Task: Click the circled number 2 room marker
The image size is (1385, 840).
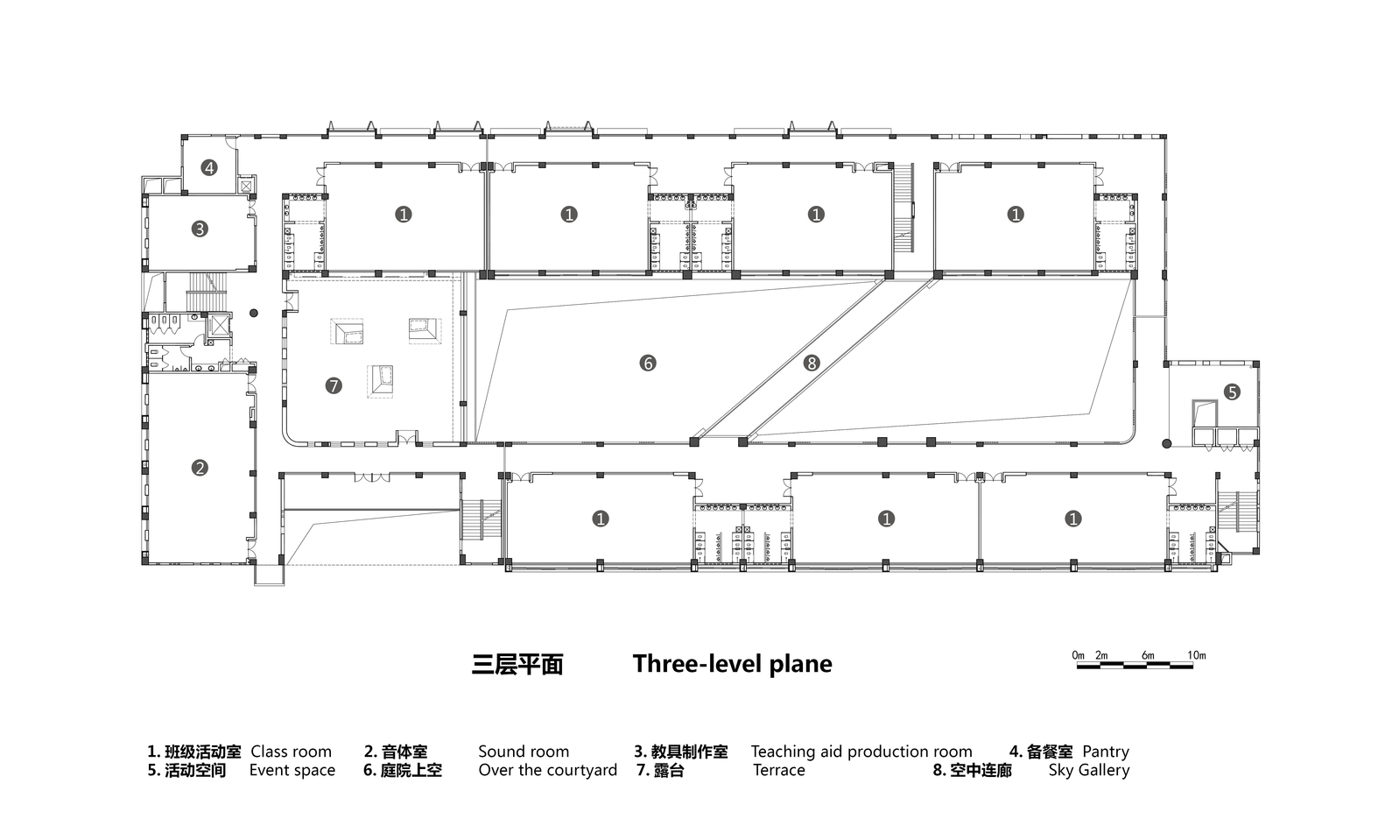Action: click(x=200, y=468)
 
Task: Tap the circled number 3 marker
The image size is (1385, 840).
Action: click(x=200, y=229)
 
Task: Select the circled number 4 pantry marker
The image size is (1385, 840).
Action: click(x=208, y=166)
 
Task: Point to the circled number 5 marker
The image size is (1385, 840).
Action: click(x=1232, y=392)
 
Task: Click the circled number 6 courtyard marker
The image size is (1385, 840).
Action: click(x=648, y=363)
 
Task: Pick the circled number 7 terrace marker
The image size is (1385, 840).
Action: click(x=334, y=385)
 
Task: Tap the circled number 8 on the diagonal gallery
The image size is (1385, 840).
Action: click(x=812, y=363)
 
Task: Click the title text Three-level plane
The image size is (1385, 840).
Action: click(x=732, y=664)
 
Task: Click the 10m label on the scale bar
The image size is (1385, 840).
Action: click(x=1196, y=655)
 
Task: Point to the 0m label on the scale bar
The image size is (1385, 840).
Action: click(x=1078, y=655)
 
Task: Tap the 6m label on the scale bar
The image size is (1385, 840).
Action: click(x=1148, y=655)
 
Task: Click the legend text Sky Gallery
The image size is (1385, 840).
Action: click(x=1088, y=771)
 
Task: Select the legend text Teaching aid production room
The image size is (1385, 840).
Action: click(x=861, y=752)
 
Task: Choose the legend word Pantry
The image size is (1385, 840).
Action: click(x=1105, y=752)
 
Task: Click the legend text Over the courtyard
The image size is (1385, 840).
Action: click(x=547, y=771)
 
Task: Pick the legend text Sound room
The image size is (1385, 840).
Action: click(x=523, y=752)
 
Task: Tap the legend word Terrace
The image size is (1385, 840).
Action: click(x=778, y=771)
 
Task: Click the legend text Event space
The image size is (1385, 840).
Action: click(x=292, y=771)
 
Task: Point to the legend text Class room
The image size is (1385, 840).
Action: click(x=291, y=752)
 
